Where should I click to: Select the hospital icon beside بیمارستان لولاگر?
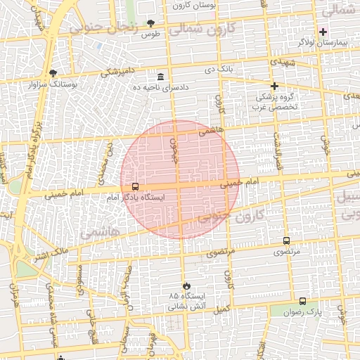click(323, 32)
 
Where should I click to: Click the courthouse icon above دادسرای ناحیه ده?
click(161, 76)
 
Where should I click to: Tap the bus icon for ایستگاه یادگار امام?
click(134, 187)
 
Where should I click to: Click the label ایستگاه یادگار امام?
click(135, 198)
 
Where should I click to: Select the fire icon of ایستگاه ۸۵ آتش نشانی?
click(186, 285)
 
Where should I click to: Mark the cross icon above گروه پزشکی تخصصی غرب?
click(274, 86)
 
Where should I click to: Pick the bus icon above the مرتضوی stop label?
click(286, 240)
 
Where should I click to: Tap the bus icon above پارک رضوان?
click(302, 300)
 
